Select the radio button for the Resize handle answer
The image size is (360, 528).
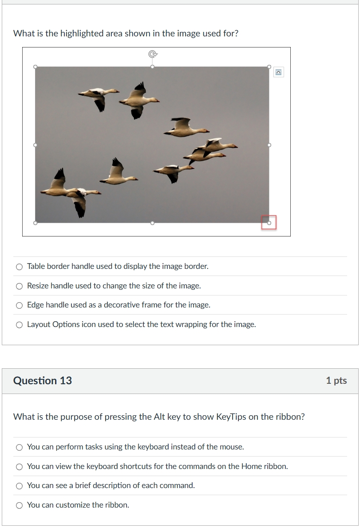(20, 286)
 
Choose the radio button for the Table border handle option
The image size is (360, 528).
(20, 267)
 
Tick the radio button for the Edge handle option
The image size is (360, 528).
(20, 305)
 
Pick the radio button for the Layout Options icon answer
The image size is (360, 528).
(20, 325)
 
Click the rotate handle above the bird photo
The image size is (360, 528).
(153, 54)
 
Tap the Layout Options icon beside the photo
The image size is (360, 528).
(278, 72)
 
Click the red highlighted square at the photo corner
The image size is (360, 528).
(269, 222)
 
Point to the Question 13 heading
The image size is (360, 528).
(43, 381)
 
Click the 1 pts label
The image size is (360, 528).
(336, 381)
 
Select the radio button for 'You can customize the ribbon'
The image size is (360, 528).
(20, 505)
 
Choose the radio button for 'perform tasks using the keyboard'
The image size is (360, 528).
(20, 448)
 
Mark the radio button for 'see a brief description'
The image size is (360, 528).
(20, 486)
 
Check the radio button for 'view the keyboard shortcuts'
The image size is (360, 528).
(20, 467)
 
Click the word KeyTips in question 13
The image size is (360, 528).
(231, 417)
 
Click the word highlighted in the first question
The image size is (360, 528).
(82, 33)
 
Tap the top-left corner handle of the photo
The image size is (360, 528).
(36, 67)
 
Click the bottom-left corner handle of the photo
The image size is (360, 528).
(36, 223)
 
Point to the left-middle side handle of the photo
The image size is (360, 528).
(36, 145)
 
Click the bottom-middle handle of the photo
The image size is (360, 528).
(153, 223)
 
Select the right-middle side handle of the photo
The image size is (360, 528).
(269, 145)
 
